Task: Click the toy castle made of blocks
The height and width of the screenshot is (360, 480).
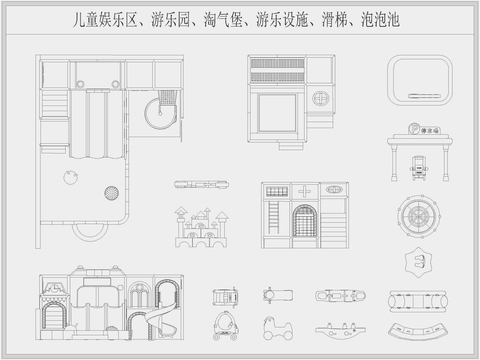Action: [x=201, y=228]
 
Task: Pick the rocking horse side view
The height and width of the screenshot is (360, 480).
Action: [x=270, y=328]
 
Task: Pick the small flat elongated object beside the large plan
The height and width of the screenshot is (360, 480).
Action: [x=195, y=183]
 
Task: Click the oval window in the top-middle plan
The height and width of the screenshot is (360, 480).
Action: [x=322, y=99]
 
